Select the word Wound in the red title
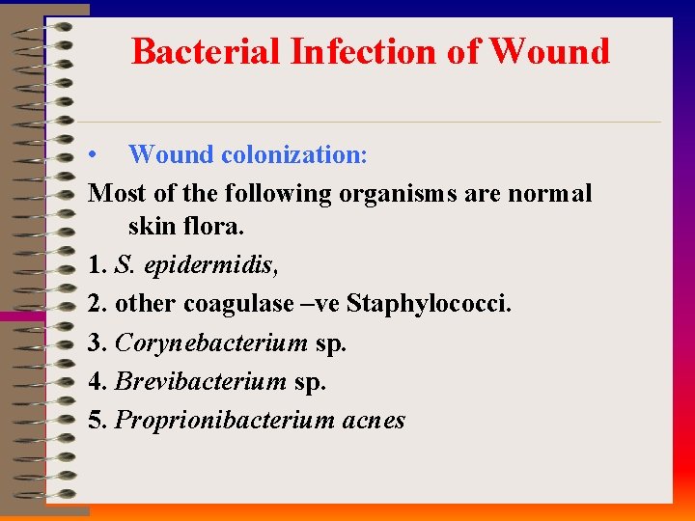coord(549,51)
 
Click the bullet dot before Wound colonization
coord(90,155)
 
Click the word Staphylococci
coord(430,305)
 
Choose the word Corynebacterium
coord(211,343)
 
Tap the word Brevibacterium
coord(201,382)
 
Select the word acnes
coord(374,421)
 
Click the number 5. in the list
coord(97,421)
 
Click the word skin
coord(150,228)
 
